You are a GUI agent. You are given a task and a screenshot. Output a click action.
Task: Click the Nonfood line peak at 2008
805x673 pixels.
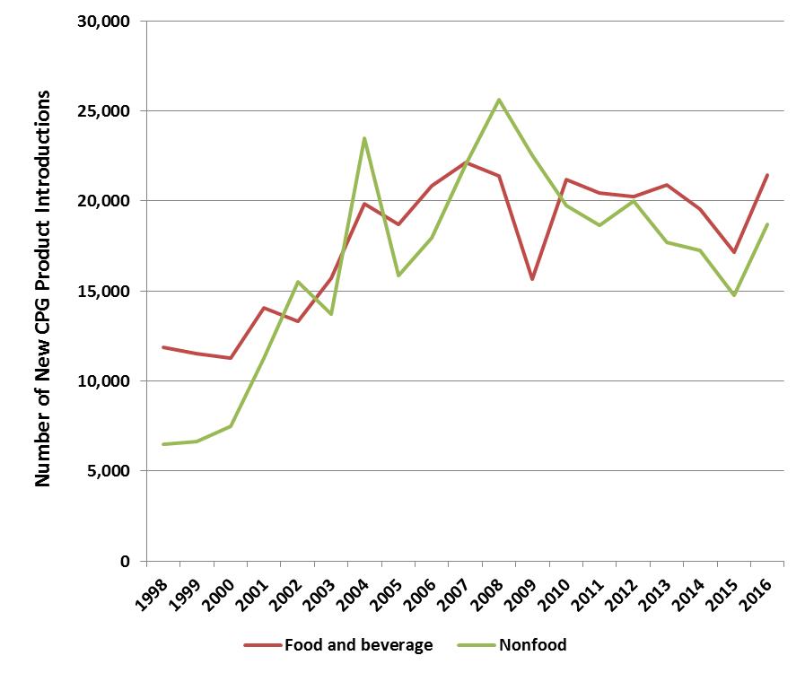[499, 100]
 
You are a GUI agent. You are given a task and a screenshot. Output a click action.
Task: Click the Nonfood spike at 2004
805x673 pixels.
[364, 138]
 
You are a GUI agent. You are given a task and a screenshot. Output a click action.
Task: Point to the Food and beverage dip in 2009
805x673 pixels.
[532, 279]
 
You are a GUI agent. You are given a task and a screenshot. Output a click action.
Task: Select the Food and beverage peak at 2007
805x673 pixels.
[466, 162]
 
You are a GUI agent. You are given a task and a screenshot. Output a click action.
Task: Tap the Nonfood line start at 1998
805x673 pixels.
[163, 444]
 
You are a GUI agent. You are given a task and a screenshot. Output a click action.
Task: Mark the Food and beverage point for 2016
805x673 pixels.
[767, 175]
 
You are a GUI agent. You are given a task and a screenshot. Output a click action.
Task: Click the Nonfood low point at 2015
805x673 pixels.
[734, 295]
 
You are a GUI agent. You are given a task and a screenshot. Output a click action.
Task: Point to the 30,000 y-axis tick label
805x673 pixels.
[102, 21]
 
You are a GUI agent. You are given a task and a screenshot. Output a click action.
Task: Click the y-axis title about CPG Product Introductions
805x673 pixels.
[43, 287]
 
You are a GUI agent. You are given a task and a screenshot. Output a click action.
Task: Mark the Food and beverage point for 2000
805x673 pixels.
[231, 358]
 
